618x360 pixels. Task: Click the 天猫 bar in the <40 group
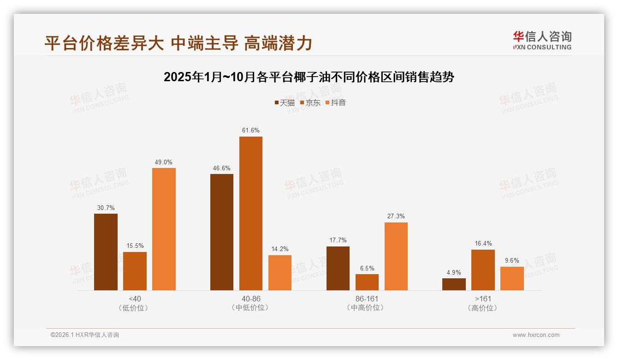pyautogui.click(x=106, y=252)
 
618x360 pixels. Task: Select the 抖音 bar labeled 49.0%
pyautogui.click(x=164, y=229)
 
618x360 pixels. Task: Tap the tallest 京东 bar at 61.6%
pyautogui.click(x=250, y=214)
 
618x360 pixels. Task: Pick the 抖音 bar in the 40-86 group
pyautogui.click(x=280, y=273)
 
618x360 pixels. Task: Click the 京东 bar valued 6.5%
pyautogui.click(x=367, y=282)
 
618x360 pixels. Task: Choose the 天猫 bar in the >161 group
pyautogui.click(x=454, y=284)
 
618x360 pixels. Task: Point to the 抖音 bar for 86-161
pyautogui.click(x=396, y=257)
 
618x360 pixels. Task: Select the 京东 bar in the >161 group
pyautogui.click(x=483, y=270)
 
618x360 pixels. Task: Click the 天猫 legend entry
pyautogui.click(x=285, y=103)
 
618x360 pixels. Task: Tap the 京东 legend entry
pyautogui.click(x=310, y=103)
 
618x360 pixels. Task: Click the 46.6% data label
pyautogui.click(x=222, y=168)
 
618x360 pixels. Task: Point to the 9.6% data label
pyautogui.click(x=512, y=261)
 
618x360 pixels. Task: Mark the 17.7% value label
pyautogui.click(x=338, y=240)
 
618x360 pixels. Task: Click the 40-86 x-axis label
pyautogui.click(x=251, y=299)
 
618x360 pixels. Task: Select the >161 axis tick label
pyautogui.click(x=483, y=299)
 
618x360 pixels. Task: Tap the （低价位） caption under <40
pyautogui.click(x=135, y=308)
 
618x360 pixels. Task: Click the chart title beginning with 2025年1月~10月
pyautogui.click(x=309, y=77)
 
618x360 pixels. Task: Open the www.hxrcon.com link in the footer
pyautogui.click(x=536, y=335)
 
